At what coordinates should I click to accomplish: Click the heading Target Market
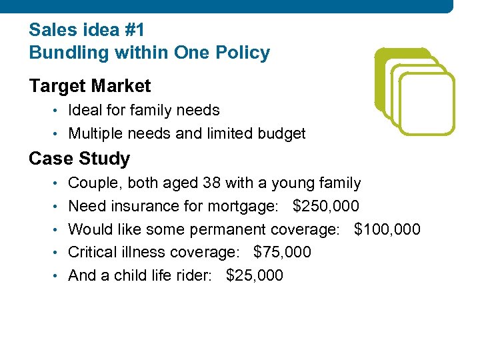point(89,86)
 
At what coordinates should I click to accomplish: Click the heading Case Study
point(79,159)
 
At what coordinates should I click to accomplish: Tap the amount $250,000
point(325,206)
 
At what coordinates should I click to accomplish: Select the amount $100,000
point(387,229)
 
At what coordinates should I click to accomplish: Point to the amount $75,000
point(282,253)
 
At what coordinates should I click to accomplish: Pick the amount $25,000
point(255,275)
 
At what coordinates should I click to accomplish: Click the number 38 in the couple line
point(211,183)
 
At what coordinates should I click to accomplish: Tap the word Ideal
point(85,110)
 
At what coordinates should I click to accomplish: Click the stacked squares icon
point(413,91)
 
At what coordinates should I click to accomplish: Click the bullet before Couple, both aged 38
point(59,183)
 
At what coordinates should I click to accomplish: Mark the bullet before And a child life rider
point(59,276)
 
